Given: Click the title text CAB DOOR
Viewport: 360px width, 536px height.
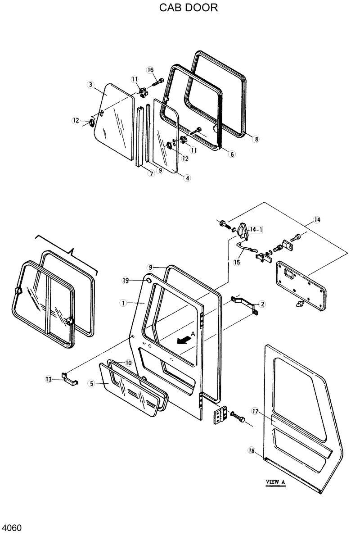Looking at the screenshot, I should point(189,8).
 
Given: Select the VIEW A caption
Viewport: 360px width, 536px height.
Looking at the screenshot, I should point(276,482).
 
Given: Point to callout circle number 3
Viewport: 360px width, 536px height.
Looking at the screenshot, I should point(90,85).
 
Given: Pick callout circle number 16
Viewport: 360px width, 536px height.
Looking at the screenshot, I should point(150,70).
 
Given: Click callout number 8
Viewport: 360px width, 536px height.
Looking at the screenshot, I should point(256,139).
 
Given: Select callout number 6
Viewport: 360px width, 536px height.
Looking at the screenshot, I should point(232,154).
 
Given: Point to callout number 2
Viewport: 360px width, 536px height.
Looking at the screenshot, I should point(262,304).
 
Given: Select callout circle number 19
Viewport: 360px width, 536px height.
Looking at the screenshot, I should point(126,281).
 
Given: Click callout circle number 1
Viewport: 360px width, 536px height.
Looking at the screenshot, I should point(122,303).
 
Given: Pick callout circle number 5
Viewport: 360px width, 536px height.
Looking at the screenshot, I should point(92,384).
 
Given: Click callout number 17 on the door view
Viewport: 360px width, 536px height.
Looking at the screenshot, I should point(255,411).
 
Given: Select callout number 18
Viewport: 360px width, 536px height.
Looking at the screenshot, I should point(251,450).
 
